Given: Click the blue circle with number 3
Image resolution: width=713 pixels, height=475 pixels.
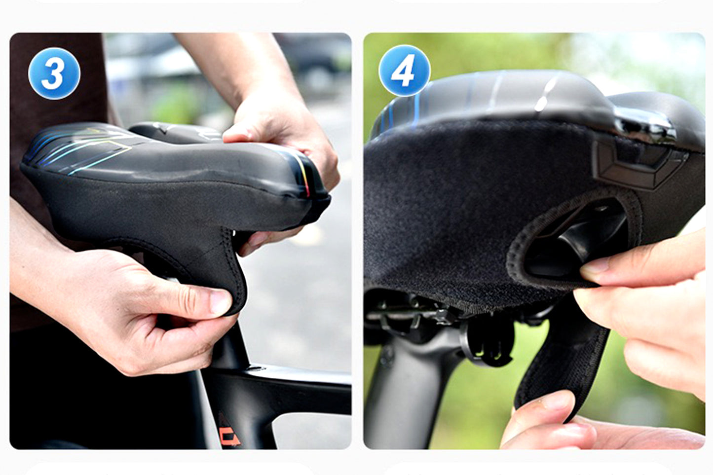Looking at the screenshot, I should [x=54, y=74].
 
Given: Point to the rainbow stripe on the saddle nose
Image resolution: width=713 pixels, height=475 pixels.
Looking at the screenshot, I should [x=304, y=178].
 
